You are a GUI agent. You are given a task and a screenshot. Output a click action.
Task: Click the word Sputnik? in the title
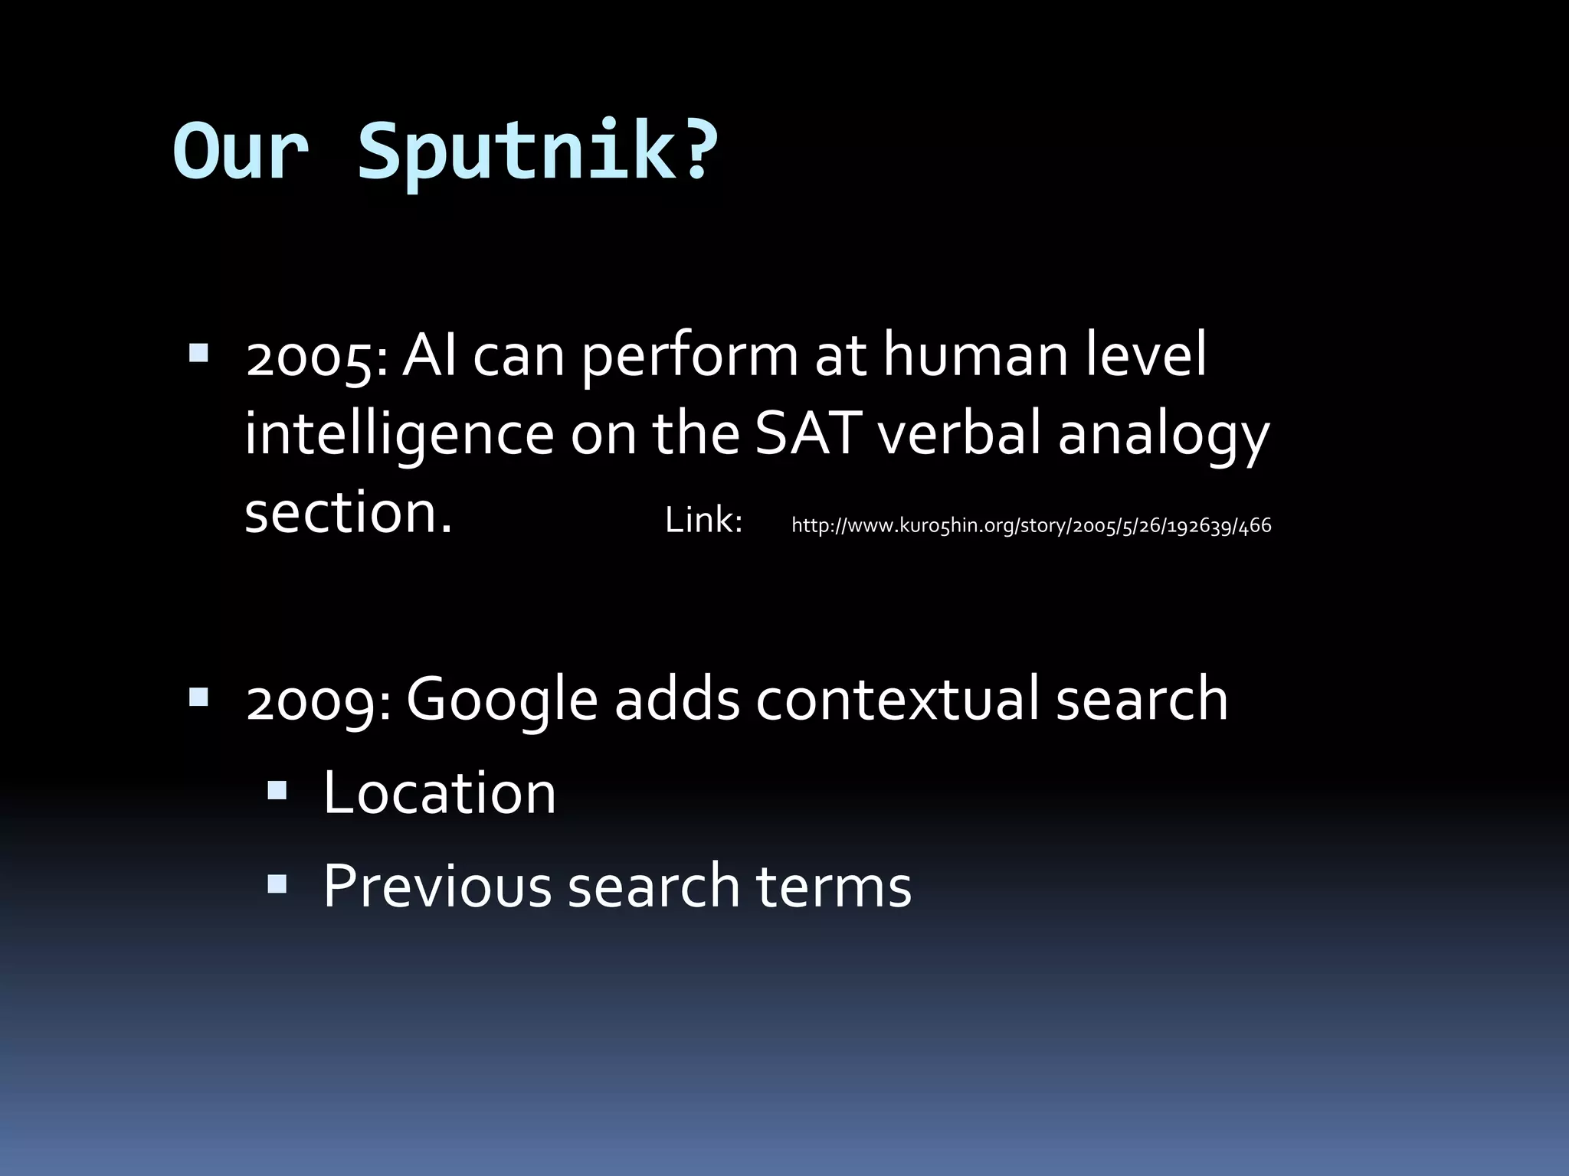point(538,151)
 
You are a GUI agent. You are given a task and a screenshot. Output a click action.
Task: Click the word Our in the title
point(241,151)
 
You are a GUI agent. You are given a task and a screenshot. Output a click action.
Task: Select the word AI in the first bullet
point(430,355)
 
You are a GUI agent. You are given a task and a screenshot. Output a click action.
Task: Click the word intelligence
point(398,435)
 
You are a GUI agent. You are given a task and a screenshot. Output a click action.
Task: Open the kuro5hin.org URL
point(1031,525)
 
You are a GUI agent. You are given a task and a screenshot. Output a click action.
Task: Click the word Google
point(502,700)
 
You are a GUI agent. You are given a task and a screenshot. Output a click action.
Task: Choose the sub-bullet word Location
point(439,793)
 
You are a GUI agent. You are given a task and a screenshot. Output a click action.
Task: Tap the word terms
point(834,887)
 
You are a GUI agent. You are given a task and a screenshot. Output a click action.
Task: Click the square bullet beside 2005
point(198,353)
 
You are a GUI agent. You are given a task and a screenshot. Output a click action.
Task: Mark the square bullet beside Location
point(277,790)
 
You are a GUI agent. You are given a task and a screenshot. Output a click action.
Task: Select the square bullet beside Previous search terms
point(277,884)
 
